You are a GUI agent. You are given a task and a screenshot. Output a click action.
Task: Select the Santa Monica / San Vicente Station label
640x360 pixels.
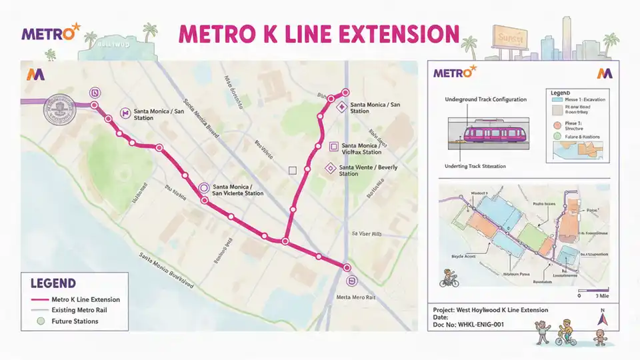pos(237,189)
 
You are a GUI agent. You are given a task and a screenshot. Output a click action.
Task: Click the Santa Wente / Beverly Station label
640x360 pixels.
pos(367,171)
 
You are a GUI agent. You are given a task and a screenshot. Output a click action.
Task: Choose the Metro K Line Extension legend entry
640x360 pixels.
pos(75,299)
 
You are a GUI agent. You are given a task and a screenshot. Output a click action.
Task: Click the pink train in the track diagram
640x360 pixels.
pos(494,133)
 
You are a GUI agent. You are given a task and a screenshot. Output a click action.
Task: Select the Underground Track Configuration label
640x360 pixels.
pos(485,99)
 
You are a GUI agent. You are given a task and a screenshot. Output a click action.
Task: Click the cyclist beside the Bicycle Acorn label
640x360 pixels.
pos(449,279)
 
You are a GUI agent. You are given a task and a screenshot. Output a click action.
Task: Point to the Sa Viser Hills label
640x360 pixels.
pos(366,234)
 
